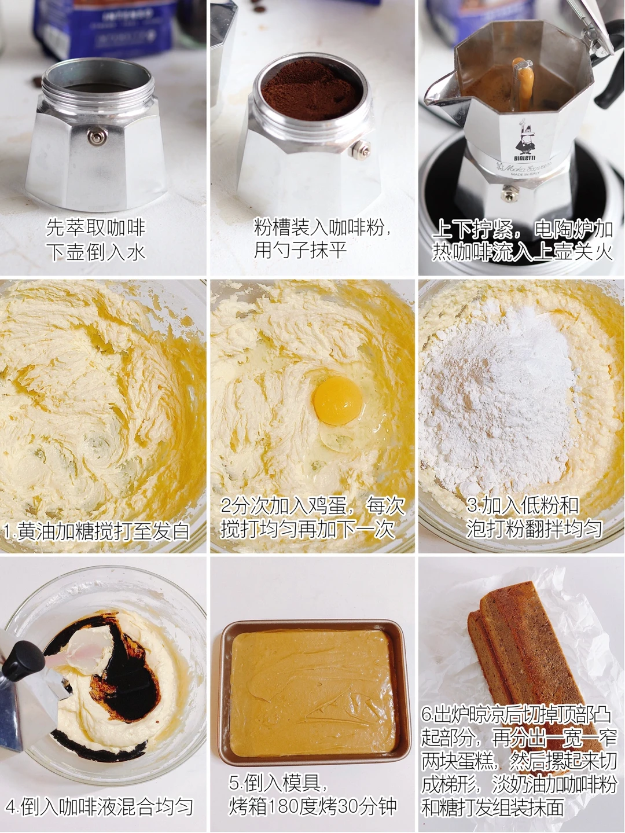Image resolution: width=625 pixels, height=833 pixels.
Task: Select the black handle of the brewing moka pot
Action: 609,64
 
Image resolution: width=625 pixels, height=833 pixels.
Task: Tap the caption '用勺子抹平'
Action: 300,251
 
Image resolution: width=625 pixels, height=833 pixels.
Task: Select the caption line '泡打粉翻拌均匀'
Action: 534,529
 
